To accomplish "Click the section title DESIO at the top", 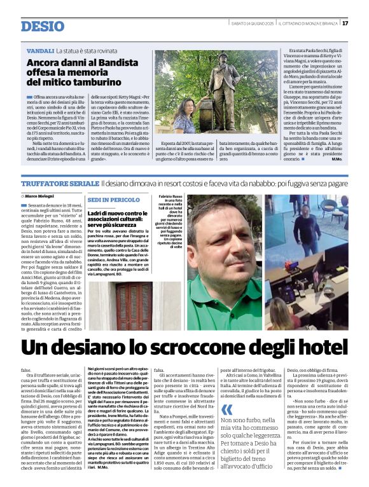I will [x=42, y=26].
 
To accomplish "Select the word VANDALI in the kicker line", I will [x=40, y=50].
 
